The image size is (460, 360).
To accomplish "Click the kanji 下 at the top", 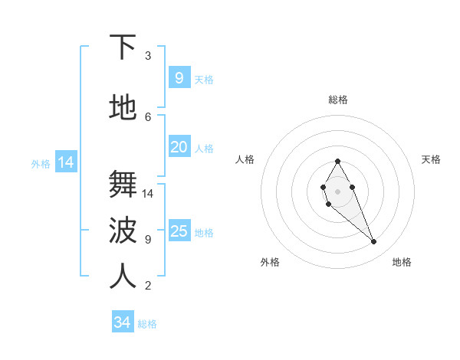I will click(123, 47).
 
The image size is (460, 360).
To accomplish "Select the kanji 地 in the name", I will click(123, 108).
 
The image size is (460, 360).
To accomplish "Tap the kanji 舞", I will click(123, 185).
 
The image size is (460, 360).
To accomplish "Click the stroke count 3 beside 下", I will click(148, 56).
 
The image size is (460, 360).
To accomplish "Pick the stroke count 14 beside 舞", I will click(148, 194).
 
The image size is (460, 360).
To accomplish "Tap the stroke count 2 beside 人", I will click(148, 286).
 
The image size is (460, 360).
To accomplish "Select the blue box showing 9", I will click(179, 78).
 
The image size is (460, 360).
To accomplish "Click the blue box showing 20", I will click(179, 147).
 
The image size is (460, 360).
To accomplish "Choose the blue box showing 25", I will click(179, 231).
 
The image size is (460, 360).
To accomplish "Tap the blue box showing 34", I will click(123, 323).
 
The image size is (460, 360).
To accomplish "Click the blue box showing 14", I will click(65, 162).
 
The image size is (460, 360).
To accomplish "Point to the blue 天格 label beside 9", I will click(204, 80).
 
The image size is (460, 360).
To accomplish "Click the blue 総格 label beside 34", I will click(147, 324).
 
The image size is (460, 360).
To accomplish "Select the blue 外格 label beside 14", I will click(41, 163).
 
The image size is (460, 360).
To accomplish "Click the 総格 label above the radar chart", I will click(338, 100).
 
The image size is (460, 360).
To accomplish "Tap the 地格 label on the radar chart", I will click(402, 262).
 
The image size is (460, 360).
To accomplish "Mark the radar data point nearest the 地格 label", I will click(373, 242).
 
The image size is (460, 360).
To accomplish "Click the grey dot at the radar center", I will click(337, 191).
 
